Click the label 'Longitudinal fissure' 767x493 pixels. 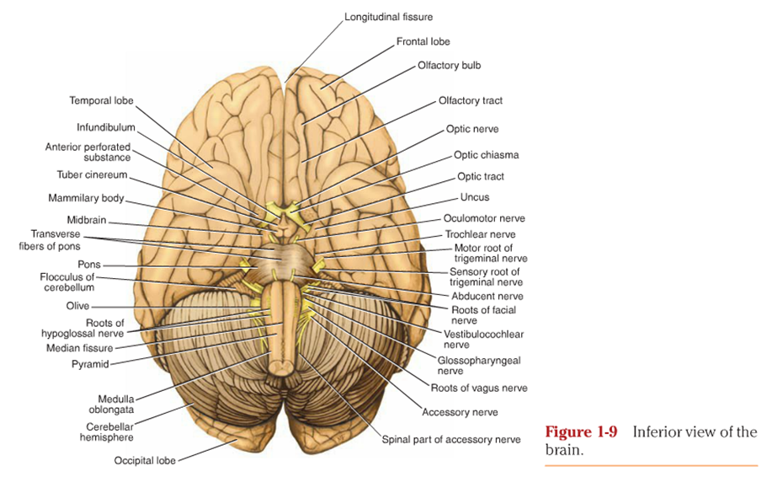(388, 17)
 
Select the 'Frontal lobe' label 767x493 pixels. (423, 41)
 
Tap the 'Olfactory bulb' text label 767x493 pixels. (449, 65)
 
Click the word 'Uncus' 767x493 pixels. (474, 197)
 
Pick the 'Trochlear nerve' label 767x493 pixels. (480, 234)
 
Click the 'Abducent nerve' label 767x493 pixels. (486, 297)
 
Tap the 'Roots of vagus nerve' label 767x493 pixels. (478, 389)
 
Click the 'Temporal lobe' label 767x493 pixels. (101, 101)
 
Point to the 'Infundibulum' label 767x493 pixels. (106, 128)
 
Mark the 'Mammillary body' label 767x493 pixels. (86, 199)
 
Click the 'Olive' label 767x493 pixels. (78, 307)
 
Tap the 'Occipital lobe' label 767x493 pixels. (146, 461)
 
